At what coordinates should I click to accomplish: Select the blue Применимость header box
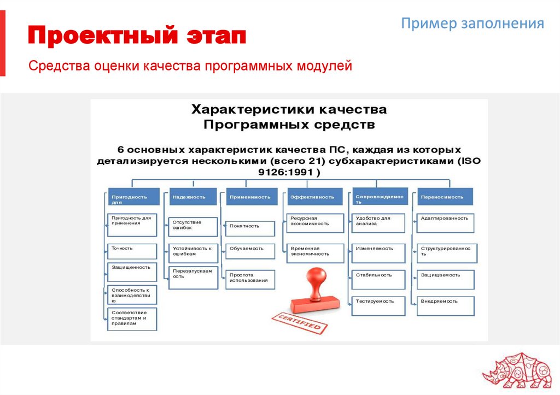(250, 197)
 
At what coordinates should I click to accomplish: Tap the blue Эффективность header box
(314, 197)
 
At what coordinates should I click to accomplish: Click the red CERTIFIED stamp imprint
(300, 322)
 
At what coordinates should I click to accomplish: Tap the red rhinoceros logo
(519, 372)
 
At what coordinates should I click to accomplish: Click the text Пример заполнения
(472, 23)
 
